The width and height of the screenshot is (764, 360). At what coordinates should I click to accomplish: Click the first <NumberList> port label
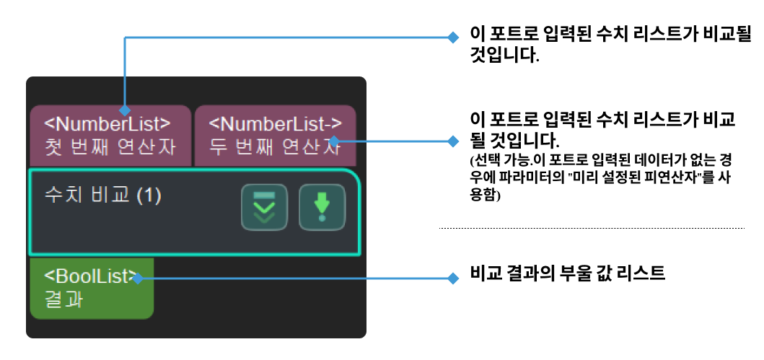[x=108, y=123]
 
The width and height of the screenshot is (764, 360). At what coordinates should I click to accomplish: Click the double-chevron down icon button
[x=264, y=208]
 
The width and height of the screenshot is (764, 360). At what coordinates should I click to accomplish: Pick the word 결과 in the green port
[x=63, y=299]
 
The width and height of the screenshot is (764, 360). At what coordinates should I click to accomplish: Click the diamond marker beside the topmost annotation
[x=453, y=37]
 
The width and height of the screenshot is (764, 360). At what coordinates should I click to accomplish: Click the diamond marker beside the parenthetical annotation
[x=453, y=141]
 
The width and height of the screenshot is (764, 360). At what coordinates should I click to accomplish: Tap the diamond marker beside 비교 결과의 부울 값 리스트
[x=453, y=278]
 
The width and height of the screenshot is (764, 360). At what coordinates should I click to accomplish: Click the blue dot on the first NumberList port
[x=126, y=111]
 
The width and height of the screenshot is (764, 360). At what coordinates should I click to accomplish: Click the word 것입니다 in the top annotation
[x=504, y=56]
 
